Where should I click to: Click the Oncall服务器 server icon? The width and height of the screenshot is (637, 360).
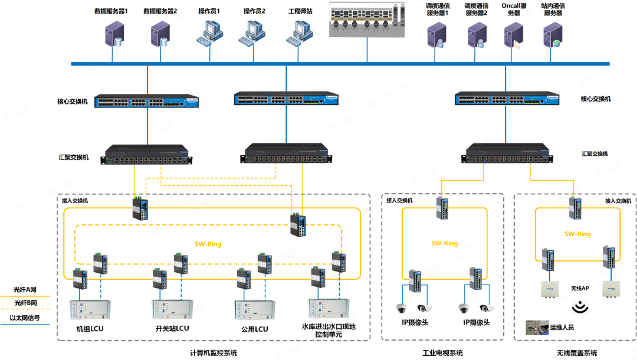[x=513, y=34]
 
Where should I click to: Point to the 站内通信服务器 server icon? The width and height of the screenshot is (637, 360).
[x=553, y=34]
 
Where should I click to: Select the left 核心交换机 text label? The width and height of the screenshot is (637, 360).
[x=73, y=102]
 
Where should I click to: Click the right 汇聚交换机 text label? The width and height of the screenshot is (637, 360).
[x=595, y=154]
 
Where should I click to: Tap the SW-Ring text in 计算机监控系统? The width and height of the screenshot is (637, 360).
[x=208, y=244]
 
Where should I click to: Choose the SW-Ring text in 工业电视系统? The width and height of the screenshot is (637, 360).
[x=444, y=243]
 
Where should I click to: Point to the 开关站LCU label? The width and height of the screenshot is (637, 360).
[x=172, y=329]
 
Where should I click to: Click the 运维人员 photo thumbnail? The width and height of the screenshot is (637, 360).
[x=536, y=327]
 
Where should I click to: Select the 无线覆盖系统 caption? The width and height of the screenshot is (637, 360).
[x=576, y=353]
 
